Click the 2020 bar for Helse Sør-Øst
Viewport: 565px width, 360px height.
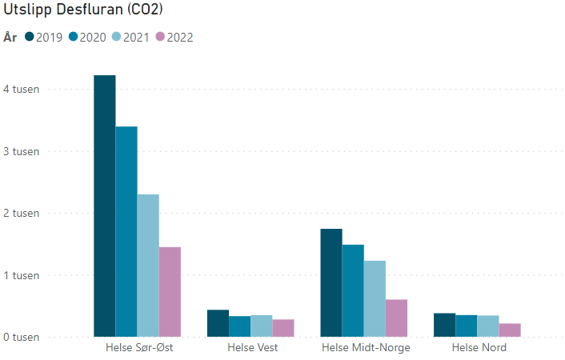126,231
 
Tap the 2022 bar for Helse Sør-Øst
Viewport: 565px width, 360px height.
170,292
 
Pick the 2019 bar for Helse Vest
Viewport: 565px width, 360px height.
218,323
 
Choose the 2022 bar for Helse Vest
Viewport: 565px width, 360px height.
283,328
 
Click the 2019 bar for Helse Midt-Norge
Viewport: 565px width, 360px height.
331,282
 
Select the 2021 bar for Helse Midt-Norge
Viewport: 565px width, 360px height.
375,298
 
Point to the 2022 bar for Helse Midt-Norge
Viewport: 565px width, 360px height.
396,318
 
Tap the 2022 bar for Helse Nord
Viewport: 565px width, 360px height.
510,330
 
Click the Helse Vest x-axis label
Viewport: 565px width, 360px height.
253,348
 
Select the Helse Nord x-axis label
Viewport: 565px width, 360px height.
479,348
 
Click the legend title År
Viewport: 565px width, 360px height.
10,37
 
